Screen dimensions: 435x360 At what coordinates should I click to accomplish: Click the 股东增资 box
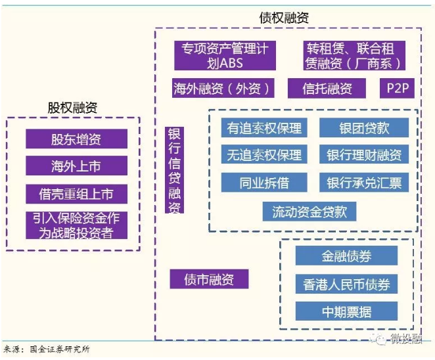pyautogui.click(x=77, y=139)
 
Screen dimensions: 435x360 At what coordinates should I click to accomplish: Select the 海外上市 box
pyautogui.click(x=77, y=166)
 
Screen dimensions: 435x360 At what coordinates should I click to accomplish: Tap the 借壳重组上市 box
pyautogui.click(x=77, y=194)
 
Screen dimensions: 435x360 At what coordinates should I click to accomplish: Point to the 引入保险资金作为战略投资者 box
pyautogui.click(x=77, y=225)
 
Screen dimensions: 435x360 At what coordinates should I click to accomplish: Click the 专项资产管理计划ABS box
pyautogui.click(x=225, y=55)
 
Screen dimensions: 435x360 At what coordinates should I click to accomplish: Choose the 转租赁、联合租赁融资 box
pyautogui.click(x=354, y=55)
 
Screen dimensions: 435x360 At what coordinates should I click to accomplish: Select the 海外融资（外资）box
pyautogui.click(x=223, y=88)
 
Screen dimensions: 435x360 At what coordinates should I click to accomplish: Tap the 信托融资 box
pyautogui.click(x=327, y=88)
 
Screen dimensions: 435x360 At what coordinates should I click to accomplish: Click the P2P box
pyautogui.click(x=397, y=88)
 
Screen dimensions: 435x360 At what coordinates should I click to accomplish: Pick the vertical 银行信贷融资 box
pyautogui.click(x=175, y=170)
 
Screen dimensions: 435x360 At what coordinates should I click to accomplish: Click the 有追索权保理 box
pyautogui.click(x=264, y=127)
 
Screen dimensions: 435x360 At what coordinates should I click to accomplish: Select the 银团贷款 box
pyautogui.click(x=364, y=127)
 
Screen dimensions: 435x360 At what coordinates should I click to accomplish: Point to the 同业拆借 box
pyautogui.click(x=264, y=182)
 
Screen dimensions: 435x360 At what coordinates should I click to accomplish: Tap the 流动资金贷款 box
pyautogui.click(x=309, y=212)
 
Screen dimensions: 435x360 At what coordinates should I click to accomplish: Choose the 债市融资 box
pyautogui.click(x=209, y=279)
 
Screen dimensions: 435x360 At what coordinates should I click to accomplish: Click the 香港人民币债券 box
pyautogui.click(x=346, y=284)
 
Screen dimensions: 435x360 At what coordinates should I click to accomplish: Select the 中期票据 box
pyautogui.click(x=346, y=311)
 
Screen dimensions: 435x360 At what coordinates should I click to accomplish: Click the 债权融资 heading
pyautogui.click(x=284, y=18)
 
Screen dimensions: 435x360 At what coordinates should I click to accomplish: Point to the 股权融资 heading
pyautogui.click(x=72, y=108)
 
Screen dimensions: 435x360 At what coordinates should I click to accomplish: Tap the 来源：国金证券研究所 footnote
pyautogui.click(x=47, y=349)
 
